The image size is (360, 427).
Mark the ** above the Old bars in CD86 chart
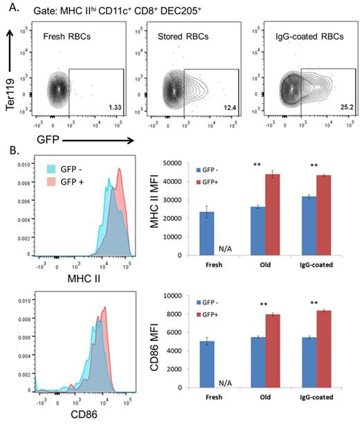point(269,304)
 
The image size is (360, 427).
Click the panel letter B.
point(12,149)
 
